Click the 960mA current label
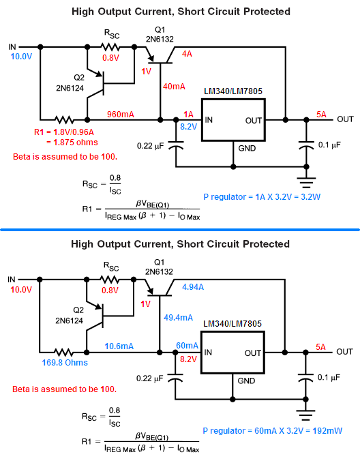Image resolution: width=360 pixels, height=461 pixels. point(121,114)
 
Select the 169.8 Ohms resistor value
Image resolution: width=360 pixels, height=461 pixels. point(65,363)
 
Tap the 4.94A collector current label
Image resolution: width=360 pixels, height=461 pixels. point(193,287)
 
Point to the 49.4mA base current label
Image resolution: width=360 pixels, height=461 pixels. point(179,318)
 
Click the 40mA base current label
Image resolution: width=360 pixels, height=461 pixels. point(175,87)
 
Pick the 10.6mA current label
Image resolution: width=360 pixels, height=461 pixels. point(119,346)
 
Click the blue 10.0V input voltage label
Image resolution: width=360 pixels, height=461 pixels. point(21,57)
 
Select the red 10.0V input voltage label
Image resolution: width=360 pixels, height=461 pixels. point(21,290)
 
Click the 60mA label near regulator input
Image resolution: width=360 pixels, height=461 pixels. point(187,346)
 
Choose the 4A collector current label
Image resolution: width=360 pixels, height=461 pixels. point(187,54)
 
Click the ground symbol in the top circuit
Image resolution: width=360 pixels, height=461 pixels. point(306,182)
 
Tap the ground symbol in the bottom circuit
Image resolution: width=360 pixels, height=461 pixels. point(305,415)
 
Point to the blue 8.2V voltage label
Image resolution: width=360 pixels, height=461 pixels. point(188,127)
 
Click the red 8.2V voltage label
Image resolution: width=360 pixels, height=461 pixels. point(188,359)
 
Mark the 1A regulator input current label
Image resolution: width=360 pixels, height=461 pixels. point(188,115)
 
